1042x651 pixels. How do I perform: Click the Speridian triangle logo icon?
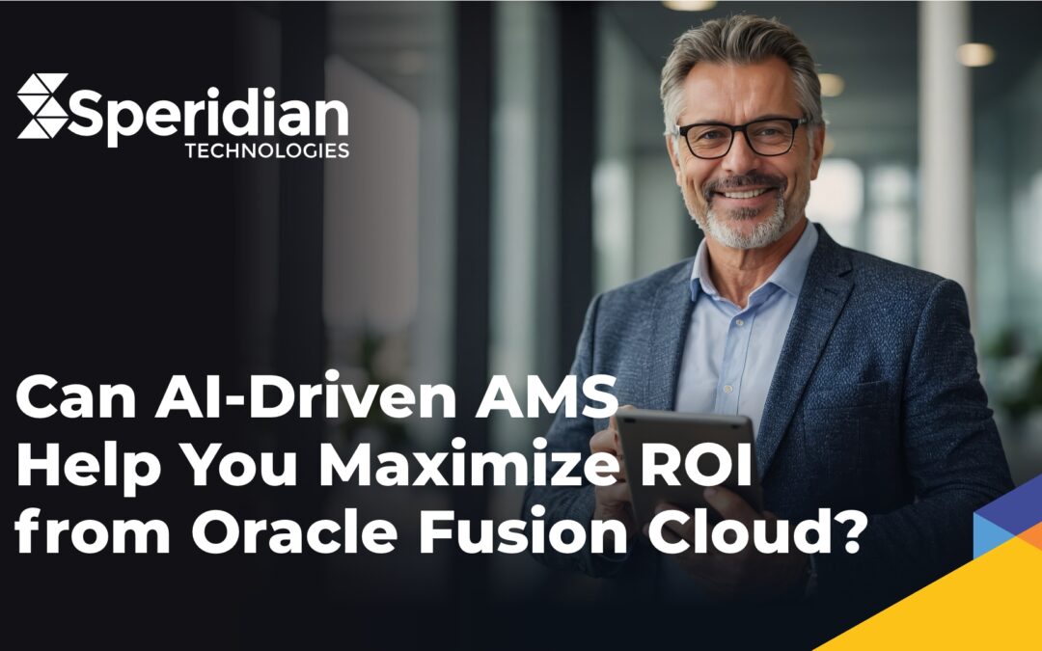[x=42, y=105]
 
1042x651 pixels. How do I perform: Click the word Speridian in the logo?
[x=208, y=114]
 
